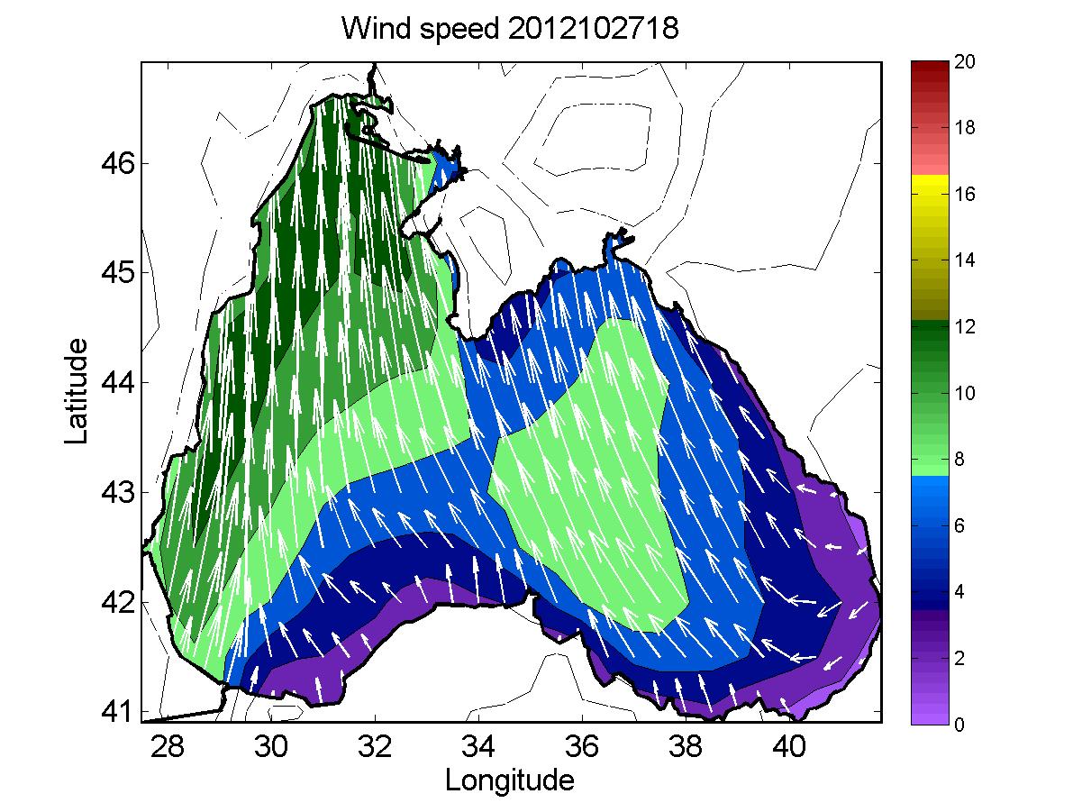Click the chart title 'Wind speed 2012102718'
click(509, 30)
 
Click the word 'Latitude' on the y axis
click(78, 391)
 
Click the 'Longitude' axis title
click(509, 780)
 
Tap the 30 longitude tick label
click(271, 747)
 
